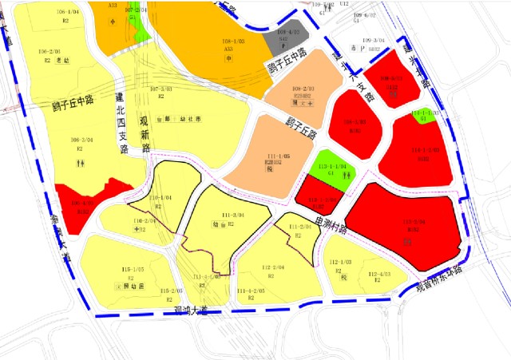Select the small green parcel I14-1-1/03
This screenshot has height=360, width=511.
click(x=426, y=114)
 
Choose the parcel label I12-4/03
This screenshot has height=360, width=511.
click(x=378, y=275)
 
